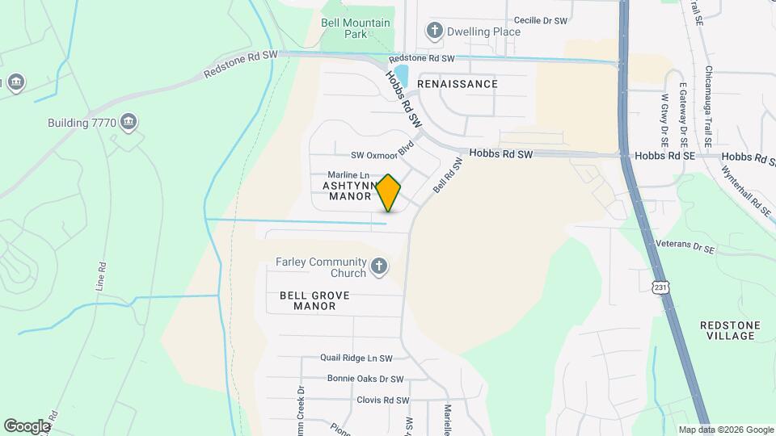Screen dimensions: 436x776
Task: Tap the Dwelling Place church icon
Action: pyautogui.click(x=435, y=31)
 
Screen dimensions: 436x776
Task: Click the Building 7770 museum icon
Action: pyautogui.click(x=128, y=123)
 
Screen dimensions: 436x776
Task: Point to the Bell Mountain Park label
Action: pyautogui.click(x=355, y=28)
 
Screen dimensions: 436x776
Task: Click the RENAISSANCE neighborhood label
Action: pyautogui.click(x=458, y=84)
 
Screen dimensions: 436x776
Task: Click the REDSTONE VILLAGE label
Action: pyautogui.click(x=730, y=329)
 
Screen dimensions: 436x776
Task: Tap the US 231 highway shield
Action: pyautogui.click(x=660, y=288)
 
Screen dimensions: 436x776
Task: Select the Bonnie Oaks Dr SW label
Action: pyautogui.click(x=365, y=379)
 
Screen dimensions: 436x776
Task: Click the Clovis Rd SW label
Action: pyautogui.click(x=383, y=400)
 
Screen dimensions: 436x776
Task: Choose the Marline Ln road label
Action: pyautogui.click(x=348, y=174)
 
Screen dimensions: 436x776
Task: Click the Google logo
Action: pyautogui.click(x=27, y=426)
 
